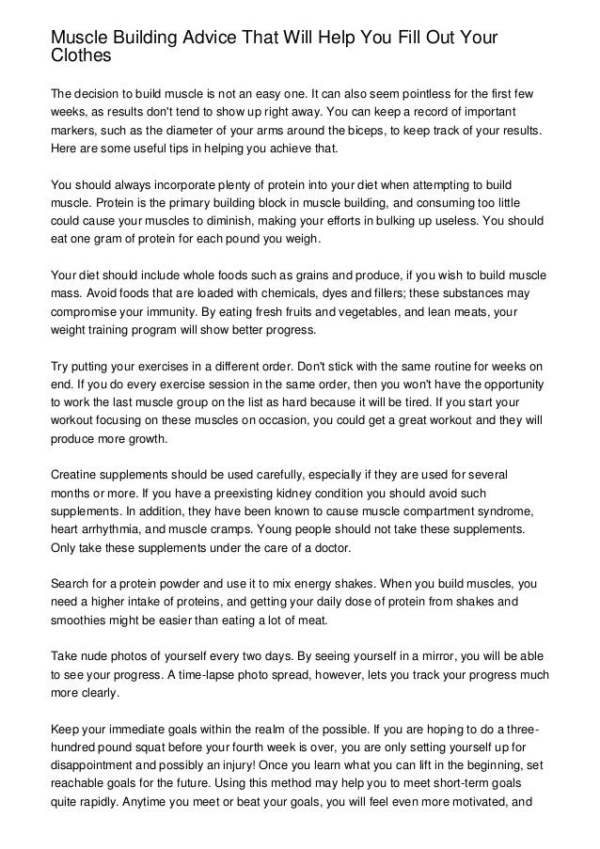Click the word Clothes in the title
click(x=81, y=55)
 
